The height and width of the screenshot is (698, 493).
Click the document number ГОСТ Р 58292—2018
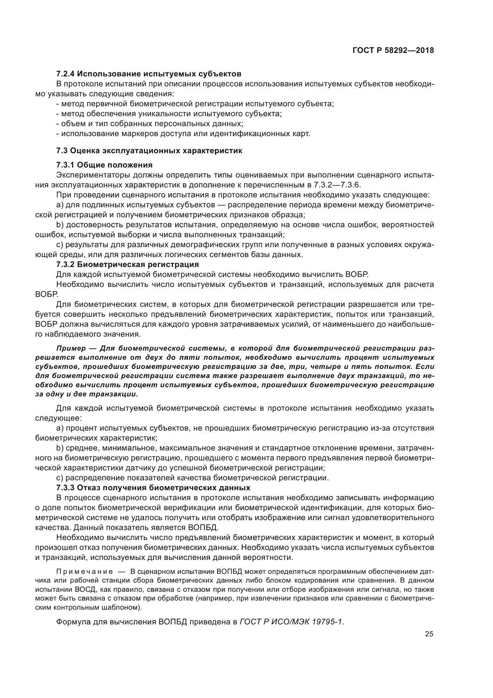(393, 51)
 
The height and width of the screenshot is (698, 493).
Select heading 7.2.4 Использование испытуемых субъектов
(149, 74)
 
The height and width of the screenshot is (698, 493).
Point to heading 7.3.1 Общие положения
(104, 165)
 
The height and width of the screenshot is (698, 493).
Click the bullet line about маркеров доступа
(183, 134)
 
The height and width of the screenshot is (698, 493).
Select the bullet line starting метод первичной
(195, 104)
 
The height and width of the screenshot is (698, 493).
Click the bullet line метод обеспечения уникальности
(169, 114)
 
